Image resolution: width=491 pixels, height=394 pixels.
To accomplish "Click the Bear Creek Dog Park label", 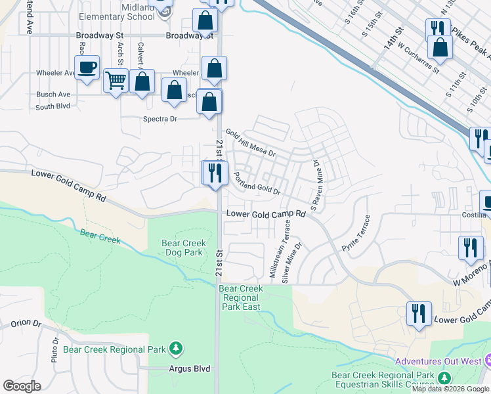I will (182, 248).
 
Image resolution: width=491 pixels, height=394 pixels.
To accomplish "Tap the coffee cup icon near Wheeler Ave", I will (87, 68).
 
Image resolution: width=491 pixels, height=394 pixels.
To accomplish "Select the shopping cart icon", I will (116, 81).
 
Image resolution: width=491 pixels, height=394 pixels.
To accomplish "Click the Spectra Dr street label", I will (160, 119).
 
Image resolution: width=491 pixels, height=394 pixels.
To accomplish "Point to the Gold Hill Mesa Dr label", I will (250, 142).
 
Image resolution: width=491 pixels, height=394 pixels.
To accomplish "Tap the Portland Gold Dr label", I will (257, 183).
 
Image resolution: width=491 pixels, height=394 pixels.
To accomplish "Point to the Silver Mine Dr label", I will (293, 263).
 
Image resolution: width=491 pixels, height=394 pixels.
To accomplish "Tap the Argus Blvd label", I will (189, 369).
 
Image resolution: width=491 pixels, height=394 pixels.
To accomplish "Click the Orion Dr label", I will (26, 324).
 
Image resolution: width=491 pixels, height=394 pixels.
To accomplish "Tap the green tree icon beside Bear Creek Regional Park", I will (175, 347).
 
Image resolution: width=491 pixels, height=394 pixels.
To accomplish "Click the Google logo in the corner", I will (22, 386).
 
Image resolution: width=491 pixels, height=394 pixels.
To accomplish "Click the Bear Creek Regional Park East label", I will (241, 297).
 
